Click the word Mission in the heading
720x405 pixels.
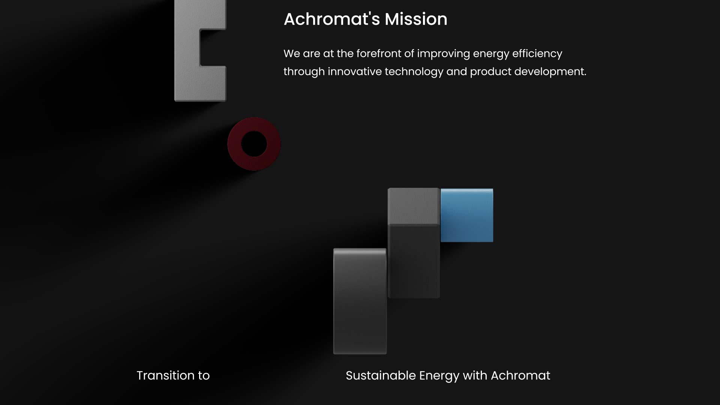[x=416, y=19]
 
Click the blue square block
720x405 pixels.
[x=467, y=215]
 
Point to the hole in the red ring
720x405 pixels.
[x=254, y=144]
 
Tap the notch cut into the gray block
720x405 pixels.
[x=213, y=48]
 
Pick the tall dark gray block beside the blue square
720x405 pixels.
[x=414, y=243]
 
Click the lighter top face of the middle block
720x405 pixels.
[x=414, y=206]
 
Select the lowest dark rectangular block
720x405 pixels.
[x=360, y=301]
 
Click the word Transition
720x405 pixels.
[x=164, y=375]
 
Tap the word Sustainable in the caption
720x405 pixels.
[x=381, y=375]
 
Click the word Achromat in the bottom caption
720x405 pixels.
[x=520, y=375]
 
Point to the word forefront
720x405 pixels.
[x=378, y=54]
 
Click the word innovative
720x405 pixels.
[x=355, y=72]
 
